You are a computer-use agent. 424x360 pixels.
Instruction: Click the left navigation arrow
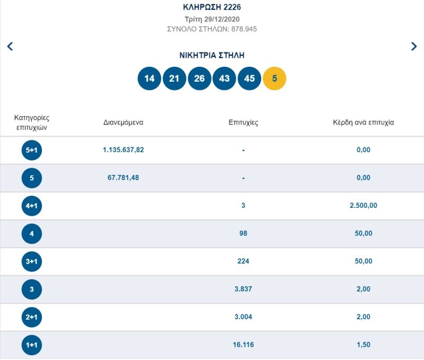[10, 46]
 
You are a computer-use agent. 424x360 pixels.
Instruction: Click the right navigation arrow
[414, 46]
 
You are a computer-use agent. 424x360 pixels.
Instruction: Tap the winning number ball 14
[149, 78]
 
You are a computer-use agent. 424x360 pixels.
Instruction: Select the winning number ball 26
[199, 78]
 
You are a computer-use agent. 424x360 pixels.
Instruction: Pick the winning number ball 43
[224, 78]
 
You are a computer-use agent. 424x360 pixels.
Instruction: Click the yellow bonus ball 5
[275, 78]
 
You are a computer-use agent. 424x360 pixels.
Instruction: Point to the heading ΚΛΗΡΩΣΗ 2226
[211, 7]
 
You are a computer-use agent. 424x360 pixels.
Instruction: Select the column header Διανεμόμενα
[123, 122]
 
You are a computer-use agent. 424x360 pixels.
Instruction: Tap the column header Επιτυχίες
[243, 122]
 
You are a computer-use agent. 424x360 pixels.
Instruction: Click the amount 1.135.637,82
[123, 150]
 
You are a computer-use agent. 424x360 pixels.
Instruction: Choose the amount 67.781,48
[123, 178]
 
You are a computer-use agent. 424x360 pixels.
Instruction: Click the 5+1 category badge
[32, 150]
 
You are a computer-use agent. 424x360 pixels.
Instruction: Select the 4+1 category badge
[32, 206]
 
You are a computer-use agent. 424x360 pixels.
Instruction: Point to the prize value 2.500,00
[364, 206]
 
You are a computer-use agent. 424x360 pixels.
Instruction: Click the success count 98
[243, 233]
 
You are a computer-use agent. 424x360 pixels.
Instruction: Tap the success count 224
[243, 261]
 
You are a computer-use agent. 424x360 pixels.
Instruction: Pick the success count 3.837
[243, 289]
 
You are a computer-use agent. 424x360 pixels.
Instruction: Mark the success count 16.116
[243, 345]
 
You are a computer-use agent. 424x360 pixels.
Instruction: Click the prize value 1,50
[364, 345]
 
